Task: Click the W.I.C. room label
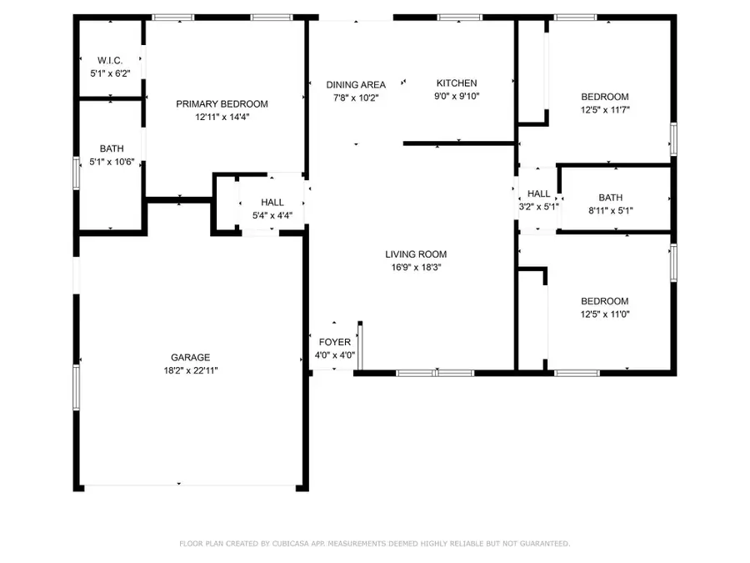pyautogui.click(x=111, y=61)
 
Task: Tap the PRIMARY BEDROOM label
pyautogui.click(x=222, y=104)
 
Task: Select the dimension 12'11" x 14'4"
pyautogui.click(x=222, y=118)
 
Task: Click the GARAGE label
pyautogui.click(x=192, y=357)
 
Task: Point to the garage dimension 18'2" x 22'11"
pyautogui.click(x=192, y=370)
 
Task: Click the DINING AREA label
pyautogui.click(x=356, y=84)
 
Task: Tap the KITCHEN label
pyautogui.click(x=457, y=83)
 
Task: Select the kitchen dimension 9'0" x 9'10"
pyautogui.click(x=457, y=97)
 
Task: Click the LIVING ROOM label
pyautogui.click(x=416, y=254)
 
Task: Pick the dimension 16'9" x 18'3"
pyautogui.click(x=416, y=268)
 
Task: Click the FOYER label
pyautogui.click(x=335, y=342)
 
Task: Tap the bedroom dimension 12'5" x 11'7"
pyautogui.click(x=605, y=109)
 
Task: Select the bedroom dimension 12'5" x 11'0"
pyautogui.click(x=605, y=314)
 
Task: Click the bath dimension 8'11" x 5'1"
pyautogui.click(x=610, y=211)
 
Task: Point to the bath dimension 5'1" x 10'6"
pyautogui.click(x=112, y=161)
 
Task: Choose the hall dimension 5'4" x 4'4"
pyautogui.click(x=272, y=215)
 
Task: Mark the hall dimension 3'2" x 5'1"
pyautogui.click(x=538, y=207)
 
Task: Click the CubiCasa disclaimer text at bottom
pyautogui.click(x=375, y=544)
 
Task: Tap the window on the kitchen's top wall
pyautogui.click(x=459, y=17)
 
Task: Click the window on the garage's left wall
pyautogui.click(x=77, y=386)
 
